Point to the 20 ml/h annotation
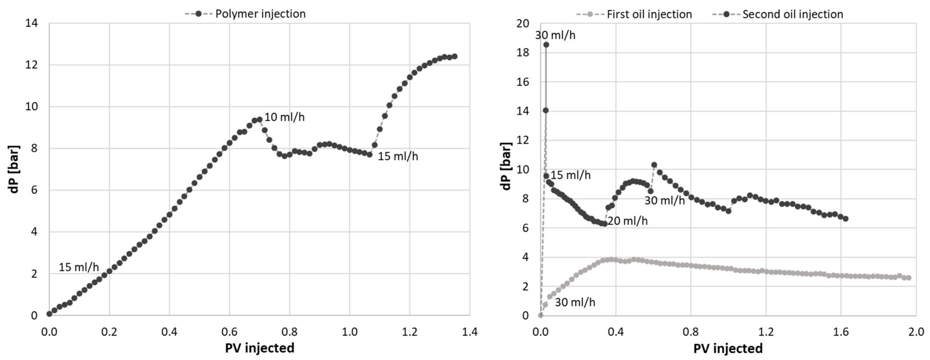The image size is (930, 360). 627,221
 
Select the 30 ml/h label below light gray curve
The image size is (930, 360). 575,302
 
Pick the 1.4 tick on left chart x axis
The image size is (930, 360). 469,331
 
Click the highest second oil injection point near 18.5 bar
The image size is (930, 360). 546,44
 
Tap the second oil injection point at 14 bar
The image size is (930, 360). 546,110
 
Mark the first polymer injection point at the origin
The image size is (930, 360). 49,314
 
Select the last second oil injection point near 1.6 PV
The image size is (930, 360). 845,219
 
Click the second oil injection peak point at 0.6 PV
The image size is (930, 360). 654,165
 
